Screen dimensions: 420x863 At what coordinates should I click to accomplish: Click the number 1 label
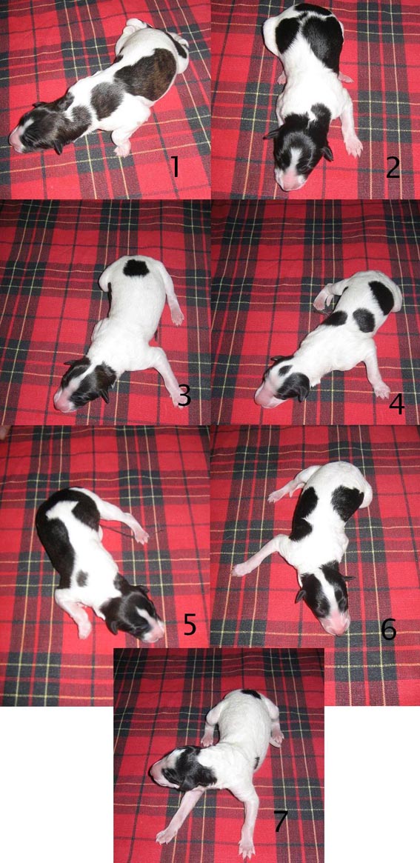click(x=175, y=166)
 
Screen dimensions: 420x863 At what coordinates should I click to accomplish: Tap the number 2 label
click(x=393, y=167)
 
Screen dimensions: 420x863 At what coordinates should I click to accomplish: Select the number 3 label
click(x=184, y=395)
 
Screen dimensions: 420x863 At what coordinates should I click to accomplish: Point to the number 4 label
click(x=396, y=404)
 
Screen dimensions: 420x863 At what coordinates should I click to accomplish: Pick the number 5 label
click(x=190, y=624)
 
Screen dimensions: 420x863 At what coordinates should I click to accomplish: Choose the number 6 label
click(x=389, y=629)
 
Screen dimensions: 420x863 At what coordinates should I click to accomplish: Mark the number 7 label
click(x=280, y=821)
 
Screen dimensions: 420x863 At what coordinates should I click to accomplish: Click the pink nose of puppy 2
click(x=293, y=181)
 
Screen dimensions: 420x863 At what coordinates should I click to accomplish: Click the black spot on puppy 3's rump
click(x=136, y=268)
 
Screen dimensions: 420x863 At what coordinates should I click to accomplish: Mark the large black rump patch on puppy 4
click(x=382, y=297)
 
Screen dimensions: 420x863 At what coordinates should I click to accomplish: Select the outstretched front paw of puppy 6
click(x=240, y=570)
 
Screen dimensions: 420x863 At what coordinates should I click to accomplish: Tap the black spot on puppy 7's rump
click(x=251, y=694)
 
